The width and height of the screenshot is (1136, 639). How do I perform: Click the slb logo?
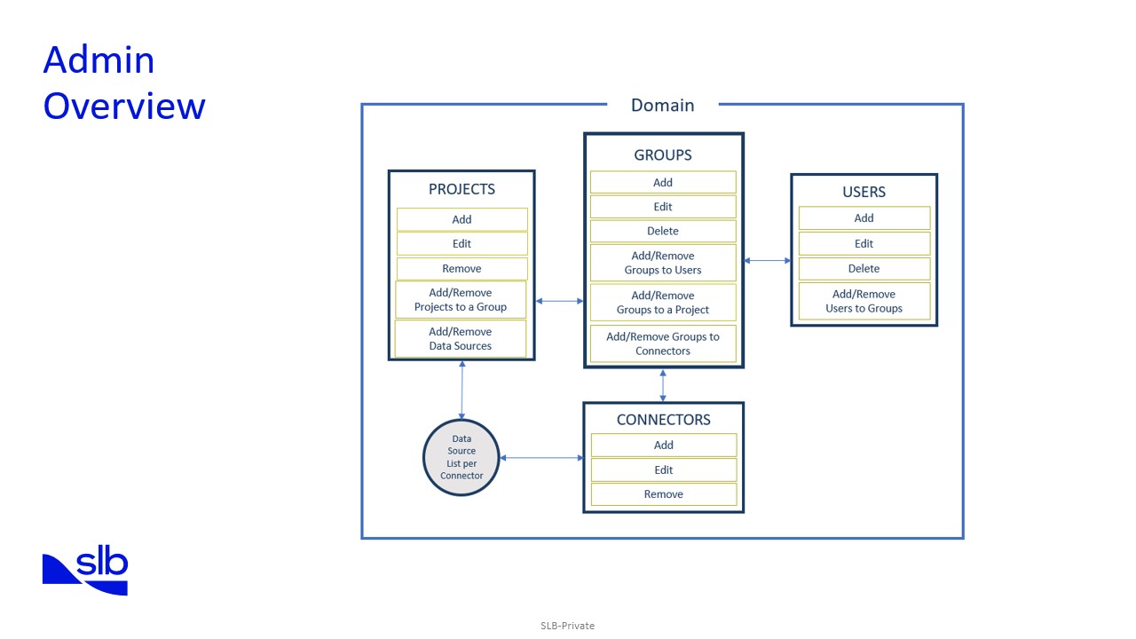point(86,572)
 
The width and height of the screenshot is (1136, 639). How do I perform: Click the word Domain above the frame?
point(662,105)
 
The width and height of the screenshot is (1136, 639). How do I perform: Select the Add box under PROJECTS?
point(461,219)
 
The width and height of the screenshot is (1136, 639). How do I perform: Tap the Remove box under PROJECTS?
point(461,268)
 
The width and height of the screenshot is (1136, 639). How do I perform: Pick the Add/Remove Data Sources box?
point(460,338)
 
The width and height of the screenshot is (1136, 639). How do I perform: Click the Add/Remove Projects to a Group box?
point(460,299)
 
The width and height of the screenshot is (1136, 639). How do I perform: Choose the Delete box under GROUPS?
point(663,231)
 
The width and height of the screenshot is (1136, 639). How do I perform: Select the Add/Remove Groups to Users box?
point(663,263)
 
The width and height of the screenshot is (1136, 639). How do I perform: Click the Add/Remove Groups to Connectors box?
point(663,343)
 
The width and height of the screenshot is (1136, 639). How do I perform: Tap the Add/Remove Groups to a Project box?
point(663,303)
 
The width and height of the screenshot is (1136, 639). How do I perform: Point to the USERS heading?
point(864,192)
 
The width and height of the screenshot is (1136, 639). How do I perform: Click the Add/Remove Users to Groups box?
point(864,301)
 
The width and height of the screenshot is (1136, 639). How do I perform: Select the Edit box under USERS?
point(864,243)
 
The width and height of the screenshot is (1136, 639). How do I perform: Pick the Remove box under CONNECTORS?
point(663,494)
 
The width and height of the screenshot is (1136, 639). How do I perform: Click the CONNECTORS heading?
point(663,420)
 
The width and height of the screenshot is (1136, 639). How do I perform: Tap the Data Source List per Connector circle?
point(461,457)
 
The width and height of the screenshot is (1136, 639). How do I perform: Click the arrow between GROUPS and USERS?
point(767,260)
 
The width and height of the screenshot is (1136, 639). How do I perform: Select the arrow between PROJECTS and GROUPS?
point(559,301)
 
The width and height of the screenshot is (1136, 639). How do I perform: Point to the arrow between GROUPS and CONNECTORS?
point(663,384)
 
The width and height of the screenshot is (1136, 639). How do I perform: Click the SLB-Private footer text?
point(567,626)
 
